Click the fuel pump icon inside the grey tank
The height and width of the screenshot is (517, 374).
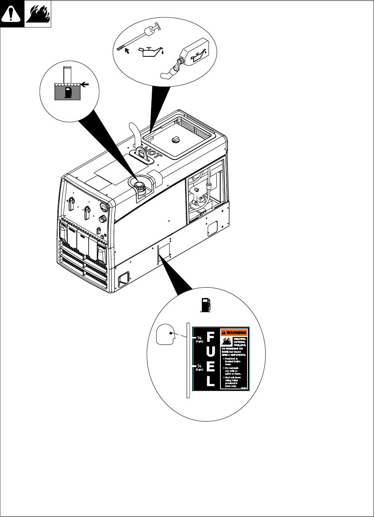(x=68, y=92)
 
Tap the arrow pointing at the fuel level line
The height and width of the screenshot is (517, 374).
(x=85, y=85)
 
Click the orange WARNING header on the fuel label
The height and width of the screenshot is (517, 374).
(x=234, y=333)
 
